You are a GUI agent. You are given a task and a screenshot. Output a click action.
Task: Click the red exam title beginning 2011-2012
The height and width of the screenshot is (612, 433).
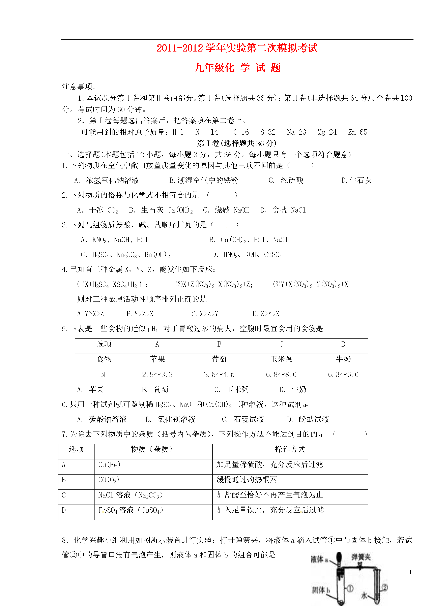[237, 48]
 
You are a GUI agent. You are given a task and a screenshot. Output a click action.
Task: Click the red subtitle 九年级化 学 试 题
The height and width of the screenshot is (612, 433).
[237, 68]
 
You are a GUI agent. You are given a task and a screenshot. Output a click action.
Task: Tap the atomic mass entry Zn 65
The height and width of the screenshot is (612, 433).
[357, 132]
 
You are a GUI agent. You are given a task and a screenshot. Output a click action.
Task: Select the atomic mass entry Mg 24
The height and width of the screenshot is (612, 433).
[327, 132]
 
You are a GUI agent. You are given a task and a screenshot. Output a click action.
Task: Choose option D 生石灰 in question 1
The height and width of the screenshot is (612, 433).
[356, 181]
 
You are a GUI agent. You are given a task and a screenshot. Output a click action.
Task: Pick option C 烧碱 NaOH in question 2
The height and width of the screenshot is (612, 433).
[226, 210]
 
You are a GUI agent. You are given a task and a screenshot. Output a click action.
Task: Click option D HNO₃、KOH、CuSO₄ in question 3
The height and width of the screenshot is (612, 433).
[247, 255]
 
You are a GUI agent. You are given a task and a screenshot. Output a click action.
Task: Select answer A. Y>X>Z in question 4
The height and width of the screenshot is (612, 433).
[90, 314]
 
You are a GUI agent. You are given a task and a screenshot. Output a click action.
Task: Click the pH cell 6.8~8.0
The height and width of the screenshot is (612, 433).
[281, 375]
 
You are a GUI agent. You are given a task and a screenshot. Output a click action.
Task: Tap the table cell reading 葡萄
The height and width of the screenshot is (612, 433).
[219, 359]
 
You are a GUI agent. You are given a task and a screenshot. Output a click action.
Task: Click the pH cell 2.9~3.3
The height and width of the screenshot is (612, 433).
[157, 375]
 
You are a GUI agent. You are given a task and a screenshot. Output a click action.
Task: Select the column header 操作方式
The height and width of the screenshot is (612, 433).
[290, 449]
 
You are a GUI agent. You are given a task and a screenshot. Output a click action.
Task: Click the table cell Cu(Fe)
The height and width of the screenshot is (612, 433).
[109, 465]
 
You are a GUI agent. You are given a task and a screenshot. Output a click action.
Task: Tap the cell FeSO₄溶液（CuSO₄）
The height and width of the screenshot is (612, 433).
[131, 510]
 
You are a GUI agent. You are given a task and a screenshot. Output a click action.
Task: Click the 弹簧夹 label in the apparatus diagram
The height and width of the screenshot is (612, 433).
[361, 557]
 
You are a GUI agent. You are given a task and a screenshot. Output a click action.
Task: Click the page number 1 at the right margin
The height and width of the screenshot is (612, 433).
[410, 572]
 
